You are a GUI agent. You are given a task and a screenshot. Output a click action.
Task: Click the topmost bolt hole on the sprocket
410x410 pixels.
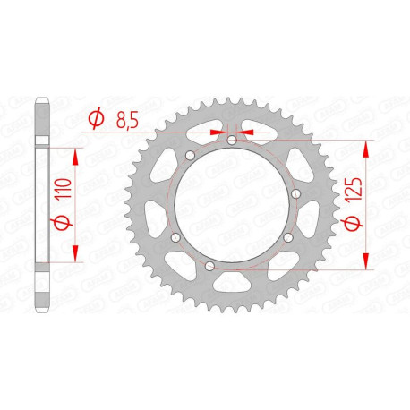click(231, 140)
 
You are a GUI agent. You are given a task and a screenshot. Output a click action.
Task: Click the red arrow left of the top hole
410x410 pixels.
click(215, 131)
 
